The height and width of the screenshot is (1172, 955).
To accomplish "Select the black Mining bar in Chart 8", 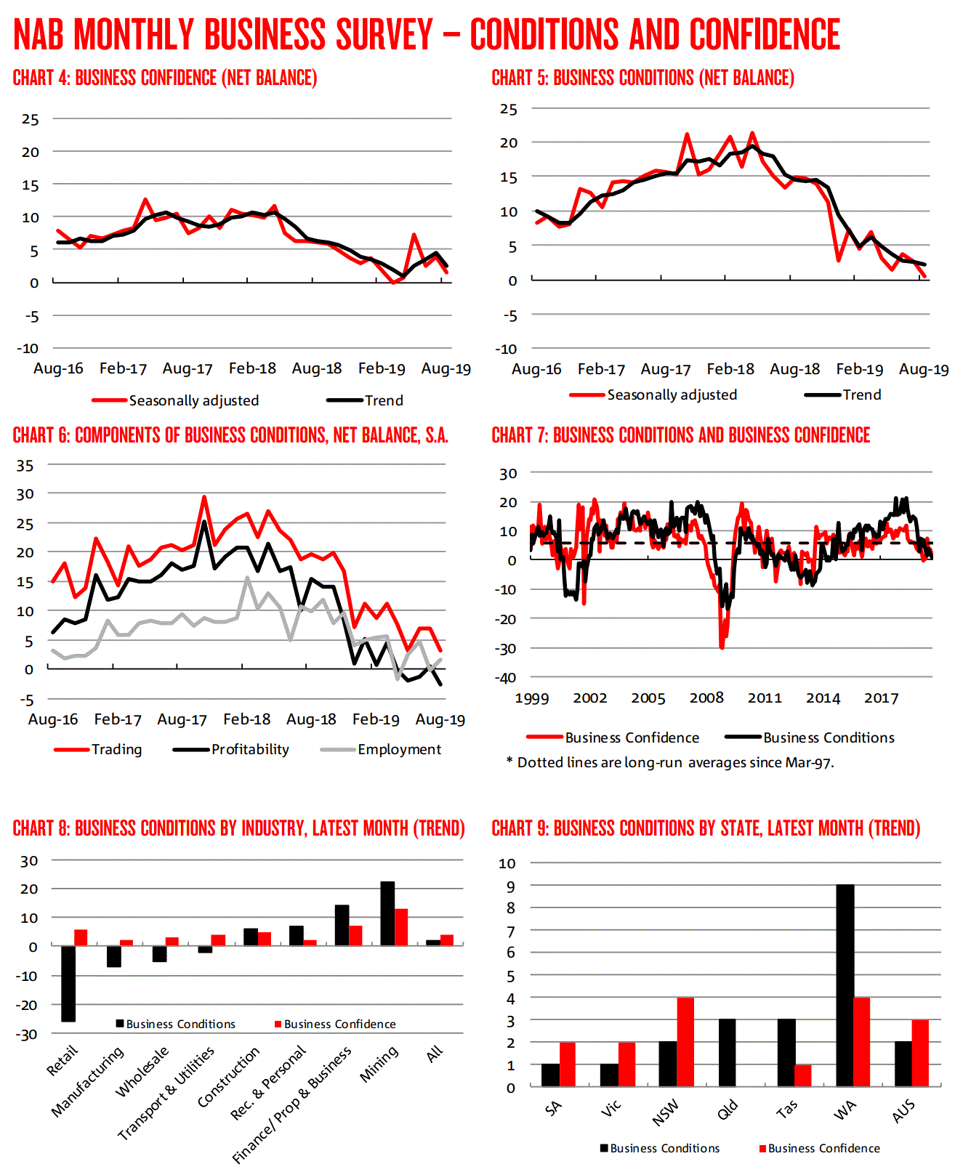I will click(x=387, y=913).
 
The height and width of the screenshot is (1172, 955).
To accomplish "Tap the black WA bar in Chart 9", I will click(x=845, y=985).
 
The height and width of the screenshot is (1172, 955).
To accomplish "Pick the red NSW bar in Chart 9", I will click(x=685, y=1042).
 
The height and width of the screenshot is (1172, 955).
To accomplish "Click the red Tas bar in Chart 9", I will click(x=803, y=1075).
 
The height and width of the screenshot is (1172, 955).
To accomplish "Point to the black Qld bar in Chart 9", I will click(x=727, y=1053).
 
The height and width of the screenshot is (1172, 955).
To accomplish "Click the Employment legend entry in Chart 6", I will click(x=398, y=749).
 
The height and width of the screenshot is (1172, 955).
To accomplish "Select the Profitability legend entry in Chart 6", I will click(x=249, y=749).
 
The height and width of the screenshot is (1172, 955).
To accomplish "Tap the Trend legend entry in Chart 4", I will click(x=383, y=400).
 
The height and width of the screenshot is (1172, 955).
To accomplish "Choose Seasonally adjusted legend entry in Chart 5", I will click(x=672, y=395).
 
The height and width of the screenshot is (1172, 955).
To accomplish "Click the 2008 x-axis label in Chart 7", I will click(x=706, y=698).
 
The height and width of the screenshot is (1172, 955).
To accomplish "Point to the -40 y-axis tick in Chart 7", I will click(x=507, y=677).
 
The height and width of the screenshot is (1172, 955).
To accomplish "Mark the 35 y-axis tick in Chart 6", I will click(x=25, y=465).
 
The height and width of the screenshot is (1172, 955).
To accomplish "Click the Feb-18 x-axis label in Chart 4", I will click(x=252, y=368).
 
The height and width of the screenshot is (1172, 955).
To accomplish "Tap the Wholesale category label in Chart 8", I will click(x=142, y=1072).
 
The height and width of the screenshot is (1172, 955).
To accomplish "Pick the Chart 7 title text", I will click(x=681, y=435).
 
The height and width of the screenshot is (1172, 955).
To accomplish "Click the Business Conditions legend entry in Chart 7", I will click(x=828, y=737).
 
